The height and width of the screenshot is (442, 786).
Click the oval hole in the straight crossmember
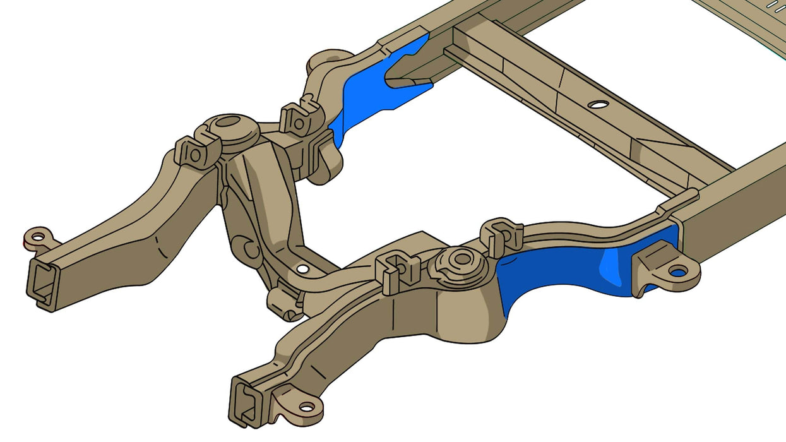598,104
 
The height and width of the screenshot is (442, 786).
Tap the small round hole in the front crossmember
303,269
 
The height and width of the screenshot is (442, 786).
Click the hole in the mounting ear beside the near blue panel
677,272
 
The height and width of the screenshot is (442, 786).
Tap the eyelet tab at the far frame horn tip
39,237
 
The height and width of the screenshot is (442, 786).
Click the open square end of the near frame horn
246,402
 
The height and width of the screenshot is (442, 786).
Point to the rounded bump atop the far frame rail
328,61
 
